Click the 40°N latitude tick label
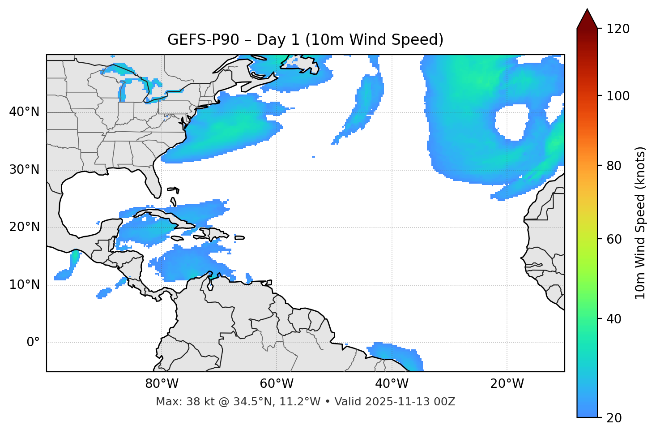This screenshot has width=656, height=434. (x=24, y=112)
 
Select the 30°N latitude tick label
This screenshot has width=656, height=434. (x=24, y=170)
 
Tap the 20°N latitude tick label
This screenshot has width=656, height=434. (x=24, y=227)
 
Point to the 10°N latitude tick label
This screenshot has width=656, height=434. (x=24, y=285)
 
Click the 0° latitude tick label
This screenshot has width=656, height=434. (x=33, y=343)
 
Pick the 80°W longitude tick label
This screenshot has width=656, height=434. (x=162, y=384)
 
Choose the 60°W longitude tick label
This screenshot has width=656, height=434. (x=277, y=384)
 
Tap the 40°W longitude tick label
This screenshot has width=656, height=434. (x=392, y=384)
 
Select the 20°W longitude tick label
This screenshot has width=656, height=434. (x=507, y=384)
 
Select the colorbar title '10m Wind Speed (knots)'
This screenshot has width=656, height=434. (x=640, y=223)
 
